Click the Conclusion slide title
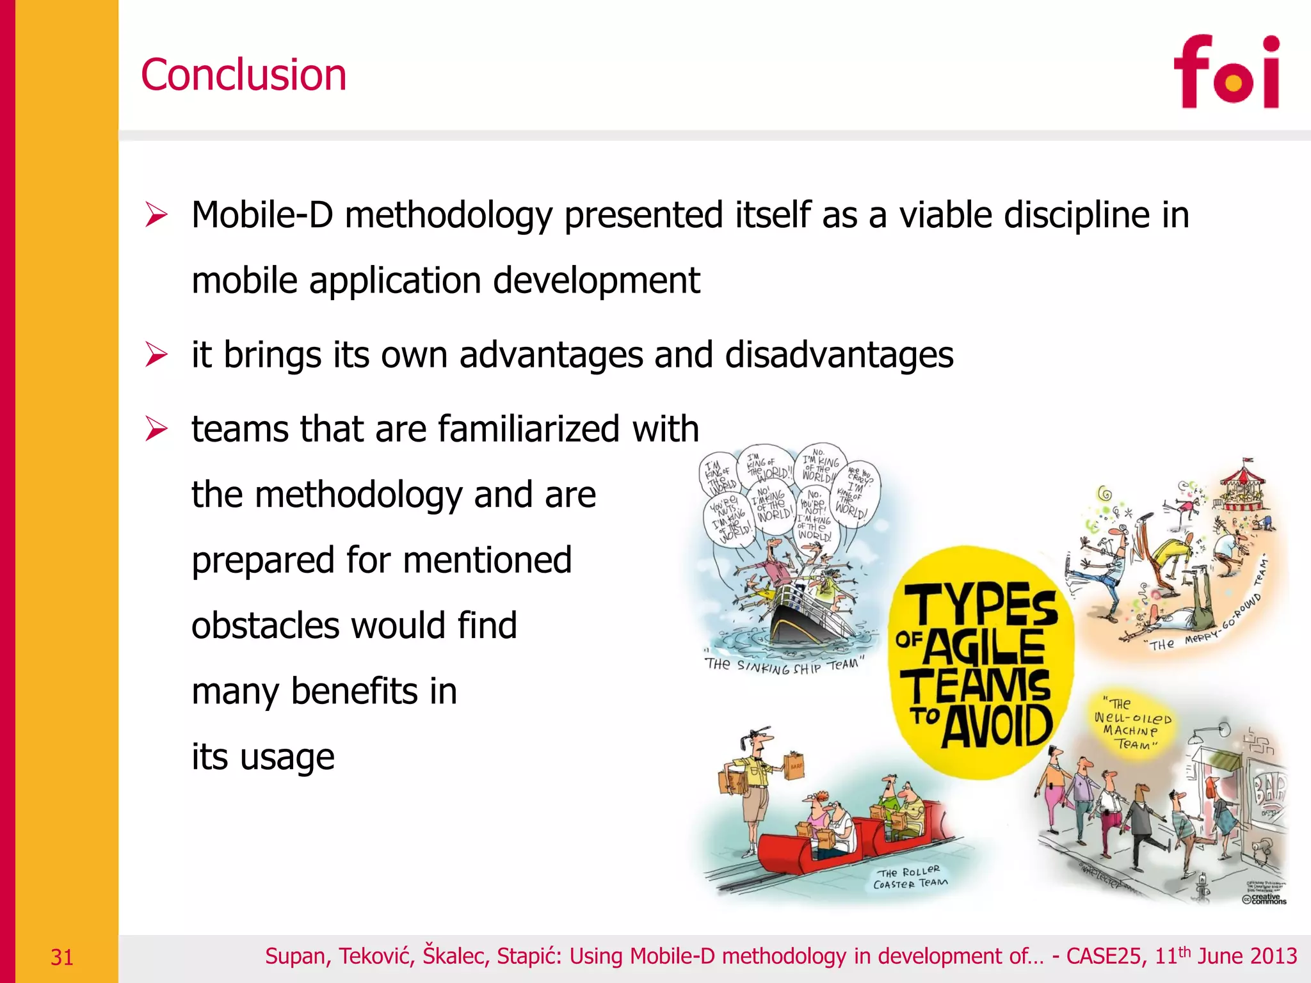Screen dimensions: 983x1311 243,75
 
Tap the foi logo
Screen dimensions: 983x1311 1226,72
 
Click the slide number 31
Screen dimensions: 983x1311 62,957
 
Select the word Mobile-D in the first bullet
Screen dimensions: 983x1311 262,215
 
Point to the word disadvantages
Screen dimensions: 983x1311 839,355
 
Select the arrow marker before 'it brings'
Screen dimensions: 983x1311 156,355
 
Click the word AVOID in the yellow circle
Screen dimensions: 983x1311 997,726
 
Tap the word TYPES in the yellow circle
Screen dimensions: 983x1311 985,605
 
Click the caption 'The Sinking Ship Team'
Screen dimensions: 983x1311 784,665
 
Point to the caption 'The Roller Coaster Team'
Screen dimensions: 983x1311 910,878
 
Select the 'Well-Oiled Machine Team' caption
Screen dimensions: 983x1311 1132,724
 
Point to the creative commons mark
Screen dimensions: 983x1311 1264,899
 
